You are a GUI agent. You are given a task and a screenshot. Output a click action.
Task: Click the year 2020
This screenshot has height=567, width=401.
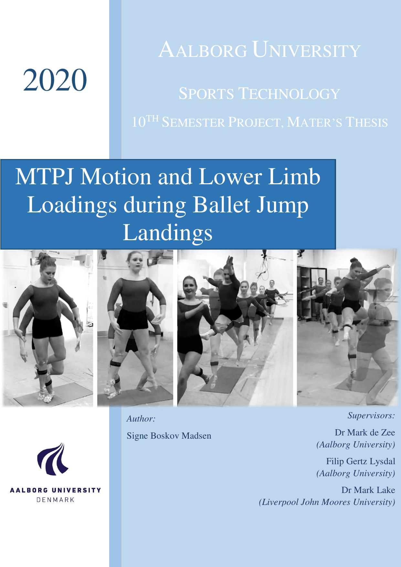coord(55,80)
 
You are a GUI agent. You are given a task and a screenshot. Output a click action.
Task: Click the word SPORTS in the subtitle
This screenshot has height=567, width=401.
coord(206,94)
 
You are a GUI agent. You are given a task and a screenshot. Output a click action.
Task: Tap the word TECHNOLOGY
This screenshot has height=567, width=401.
coord(289,94)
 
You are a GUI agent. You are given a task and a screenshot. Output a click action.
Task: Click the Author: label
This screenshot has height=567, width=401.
coord(141,419)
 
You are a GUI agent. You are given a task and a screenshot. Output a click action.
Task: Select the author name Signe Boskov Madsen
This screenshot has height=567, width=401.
coord(169,436)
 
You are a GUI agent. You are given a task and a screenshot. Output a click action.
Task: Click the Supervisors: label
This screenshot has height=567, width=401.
coord(371,415)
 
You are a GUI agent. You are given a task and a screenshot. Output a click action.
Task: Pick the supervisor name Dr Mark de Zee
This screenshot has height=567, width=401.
coord(365,433)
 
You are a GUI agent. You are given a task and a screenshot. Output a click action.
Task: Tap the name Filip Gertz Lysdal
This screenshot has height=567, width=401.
coord(361,461)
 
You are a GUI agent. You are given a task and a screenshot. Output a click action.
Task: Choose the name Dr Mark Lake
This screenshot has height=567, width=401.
coord(368,490)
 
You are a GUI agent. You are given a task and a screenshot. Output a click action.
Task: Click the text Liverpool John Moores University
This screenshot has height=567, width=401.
coord(327,502)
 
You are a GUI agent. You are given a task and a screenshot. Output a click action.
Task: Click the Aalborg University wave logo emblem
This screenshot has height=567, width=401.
coord(53,459)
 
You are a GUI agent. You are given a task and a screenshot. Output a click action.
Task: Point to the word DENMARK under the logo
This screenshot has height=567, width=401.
coord(55,500)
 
